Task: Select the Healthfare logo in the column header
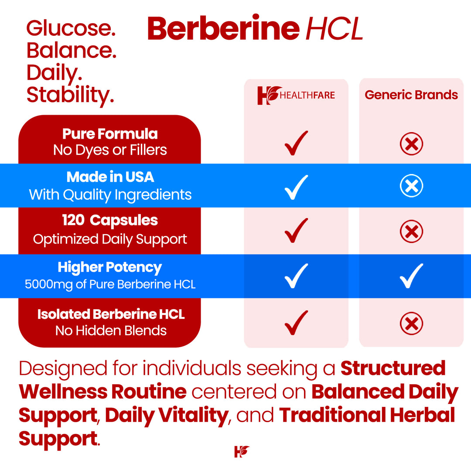[296, 95]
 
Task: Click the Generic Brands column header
[411, 95]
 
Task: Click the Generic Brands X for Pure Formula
[411, 144]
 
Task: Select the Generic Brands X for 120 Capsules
[411, 232]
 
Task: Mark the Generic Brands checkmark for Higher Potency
[411, 276]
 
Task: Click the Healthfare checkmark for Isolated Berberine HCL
[296, 323]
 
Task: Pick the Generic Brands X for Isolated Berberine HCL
[411, 323]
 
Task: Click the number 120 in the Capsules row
[73, 220]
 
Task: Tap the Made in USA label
[110, 177]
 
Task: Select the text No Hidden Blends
[111, 331]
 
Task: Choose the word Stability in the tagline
[70, 95]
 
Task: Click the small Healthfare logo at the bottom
[241, 451]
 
